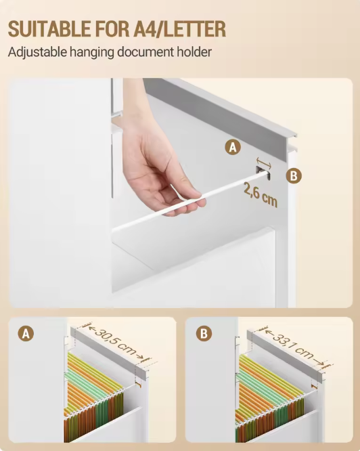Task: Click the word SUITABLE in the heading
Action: click(49, 29)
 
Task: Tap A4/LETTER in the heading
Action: click(179, 29)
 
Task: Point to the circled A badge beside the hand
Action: click(233, 147)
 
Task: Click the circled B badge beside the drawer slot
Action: click(294, 175)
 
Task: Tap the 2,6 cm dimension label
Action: click(261, 194)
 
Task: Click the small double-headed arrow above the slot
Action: click(263, 162)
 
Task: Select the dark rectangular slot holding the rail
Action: click(263, 173)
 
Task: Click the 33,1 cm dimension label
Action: click(294, 345)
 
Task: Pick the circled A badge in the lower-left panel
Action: click(26, 334)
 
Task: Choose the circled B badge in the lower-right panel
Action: click(204, 334)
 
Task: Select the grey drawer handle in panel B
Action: click(286, 356)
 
